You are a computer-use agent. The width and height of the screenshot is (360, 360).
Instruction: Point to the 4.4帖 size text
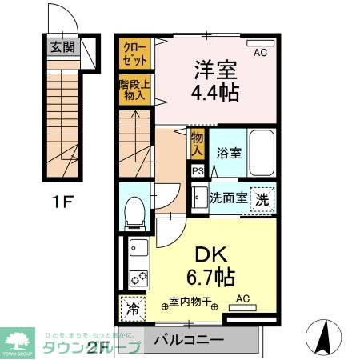211,93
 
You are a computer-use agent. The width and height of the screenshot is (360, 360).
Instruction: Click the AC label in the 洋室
260,53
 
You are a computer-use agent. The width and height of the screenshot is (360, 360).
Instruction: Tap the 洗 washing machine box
262,199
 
